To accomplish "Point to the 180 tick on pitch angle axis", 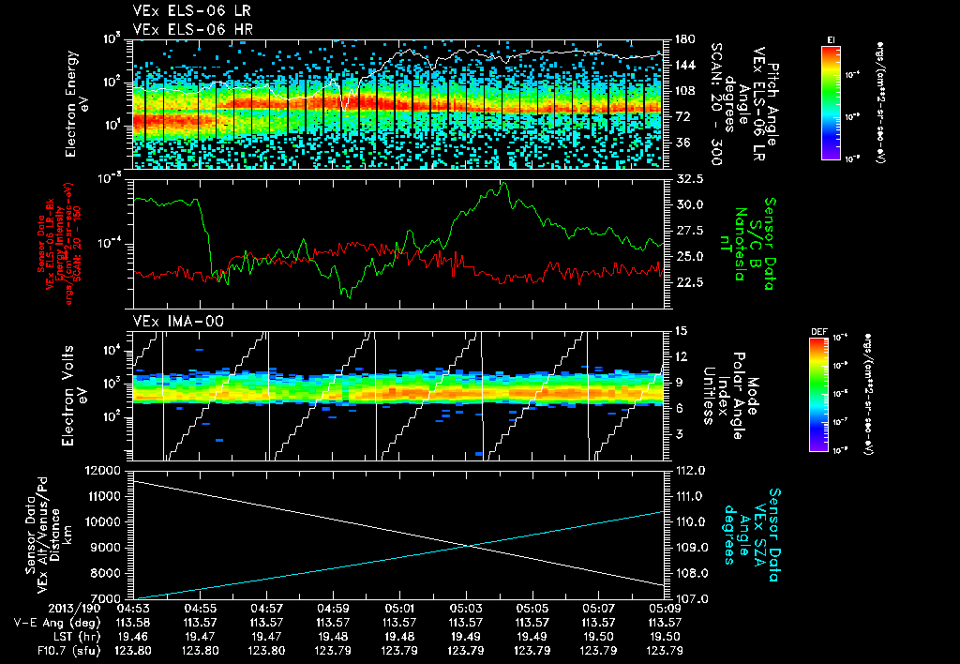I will (683, 39).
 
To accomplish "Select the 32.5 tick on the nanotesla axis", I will (689, 178).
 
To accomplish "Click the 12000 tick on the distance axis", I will (104, 470).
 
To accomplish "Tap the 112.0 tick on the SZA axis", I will (690, 470).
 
